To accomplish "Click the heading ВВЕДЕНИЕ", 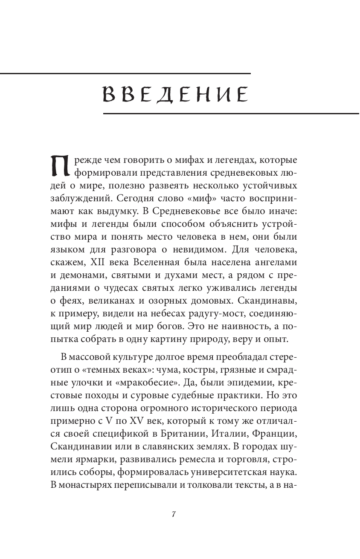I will click(175, 94).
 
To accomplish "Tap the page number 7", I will click(174, 514).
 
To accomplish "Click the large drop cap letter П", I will click(59, 166).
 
